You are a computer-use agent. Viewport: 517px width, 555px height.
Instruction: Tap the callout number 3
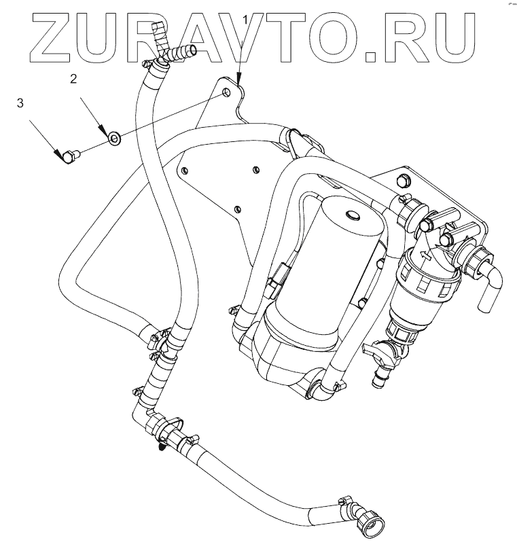[20, 103]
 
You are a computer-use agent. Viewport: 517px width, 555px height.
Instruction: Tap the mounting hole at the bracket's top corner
[225, 92]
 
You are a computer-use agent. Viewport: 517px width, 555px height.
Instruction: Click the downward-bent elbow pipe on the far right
[491, 285]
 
